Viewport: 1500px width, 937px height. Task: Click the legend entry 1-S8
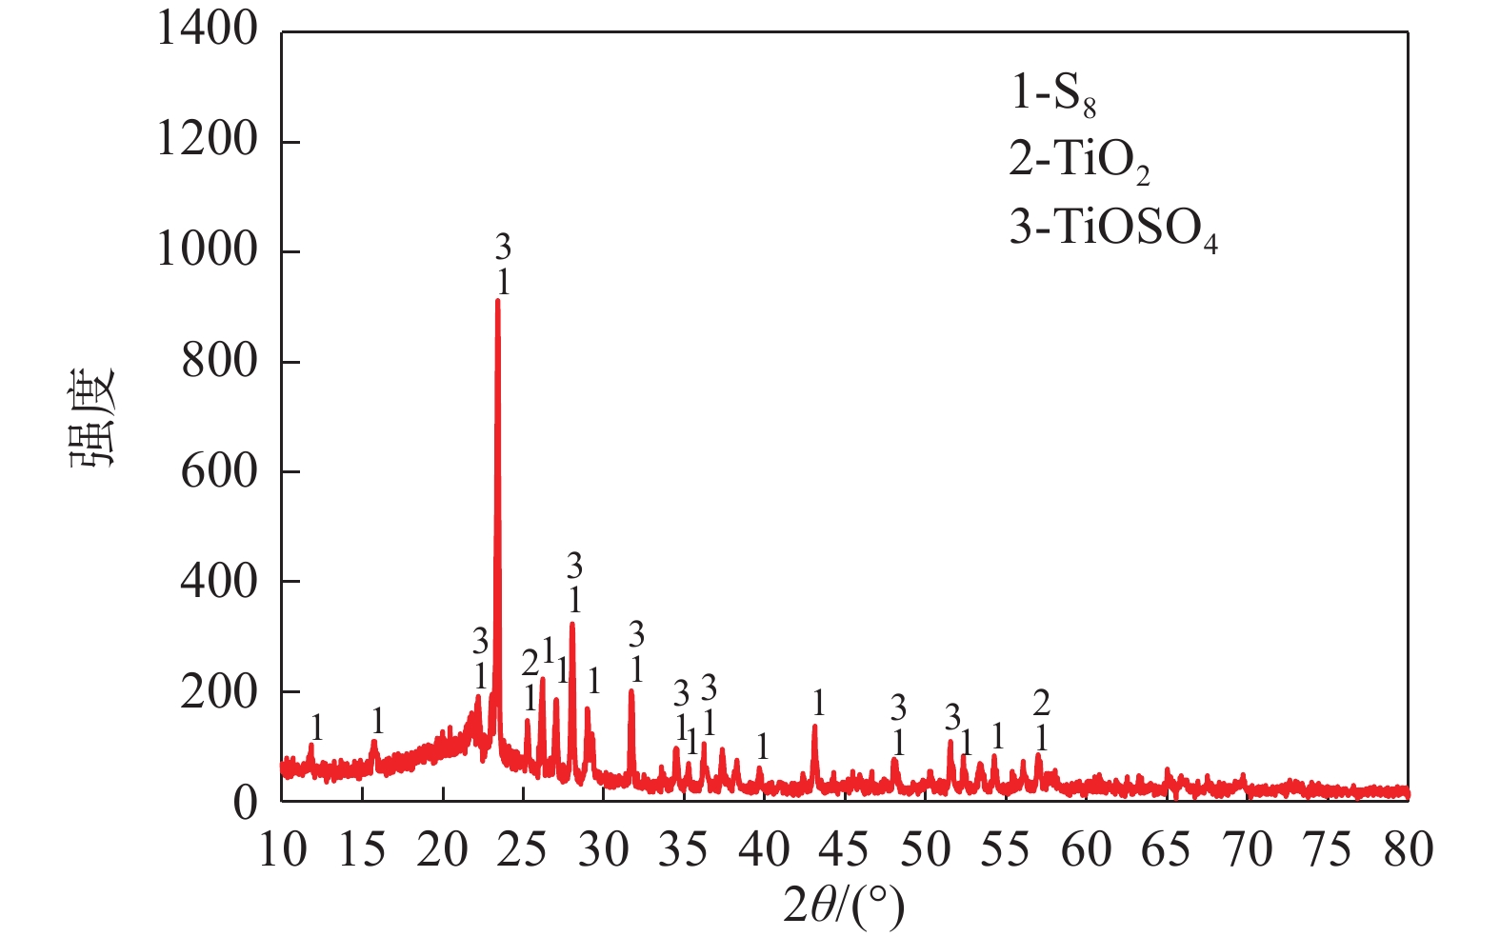click(x=1053, y=94)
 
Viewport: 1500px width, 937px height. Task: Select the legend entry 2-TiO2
click(x=1079, y=161)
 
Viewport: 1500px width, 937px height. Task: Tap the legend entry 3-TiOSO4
click(x=1112, y=229)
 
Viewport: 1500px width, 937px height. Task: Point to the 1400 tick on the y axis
click(x=207, y=30)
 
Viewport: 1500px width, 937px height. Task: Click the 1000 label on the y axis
click(x=207, y=250)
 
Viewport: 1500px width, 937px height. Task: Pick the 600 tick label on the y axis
click(x=219, y=470)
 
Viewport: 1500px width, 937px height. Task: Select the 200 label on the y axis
click(x=219, y=691)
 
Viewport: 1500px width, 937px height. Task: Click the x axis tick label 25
click(x=522, y=849)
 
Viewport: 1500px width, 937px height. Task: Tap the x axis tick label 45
click(x=844, y=849)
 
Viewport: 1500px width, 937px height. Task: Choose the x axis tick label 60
click(x=1086, y=849)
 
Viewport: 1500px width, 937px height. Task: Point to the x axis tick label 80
click(x=1408, y=849)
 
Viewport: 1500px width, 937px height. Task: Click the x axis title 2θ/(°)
click(x=843, y=906)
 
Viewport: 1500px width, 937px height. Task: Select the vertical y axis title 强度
click(x=92, y=416)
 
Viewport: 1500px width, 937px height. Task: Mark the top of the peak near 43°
click(x=814, y=727)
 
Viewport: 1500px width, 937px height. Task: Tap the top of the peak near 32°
click(x=630, y=690)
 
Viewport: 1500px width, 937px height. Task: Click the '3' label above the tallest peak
click(x=503, y=248)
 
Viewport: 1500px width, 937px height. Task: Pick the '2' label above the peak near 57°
click(x=1041, y=704)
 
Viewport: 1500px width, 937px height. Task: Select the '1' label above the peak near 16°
click(x=378, y=721)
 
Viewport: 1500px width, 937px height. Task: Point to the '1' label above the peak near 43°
click(x=818, y=704)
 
